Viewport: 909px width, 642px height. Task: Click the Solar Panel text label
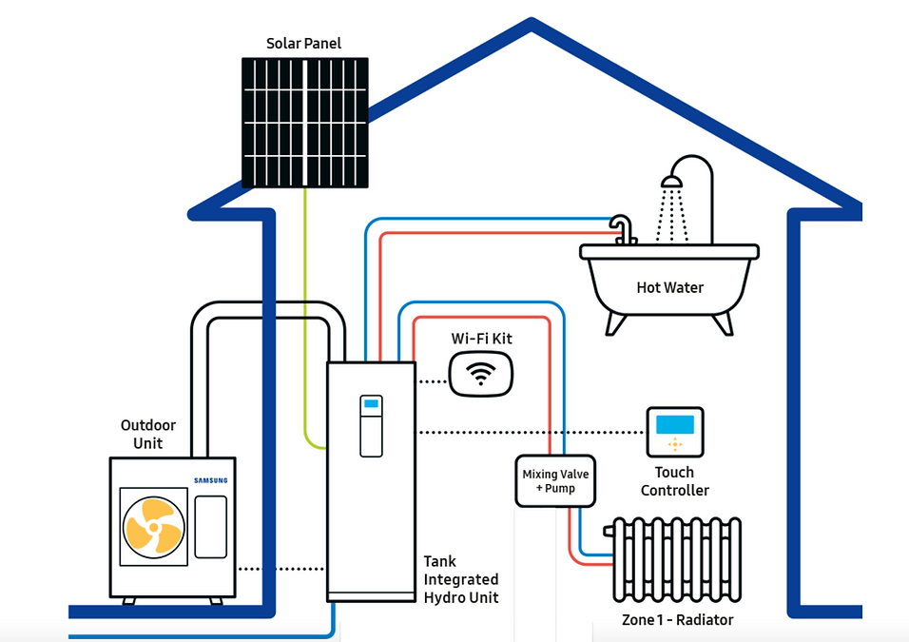[x=303, y=44]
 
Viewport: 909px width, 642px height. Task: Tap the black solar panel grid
[x=304, y=123]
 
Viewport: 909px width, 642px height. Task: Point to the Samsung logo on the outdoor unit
[x=211, y=480]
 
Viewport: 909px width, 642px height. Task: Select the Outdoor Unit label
[x=147, y=435]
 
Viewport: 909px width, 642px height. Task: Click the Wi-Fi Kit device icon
[x=481, y=374]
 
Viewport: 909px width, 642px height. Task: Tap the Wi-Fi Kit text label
[x=481, y=339]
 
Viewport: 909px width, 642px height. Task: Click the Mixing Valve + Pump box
[x=556, y=481]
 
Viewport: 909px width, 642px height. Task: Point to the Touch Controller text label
[x=674, y=481]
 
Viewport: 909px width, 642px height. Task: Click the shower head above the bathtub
[x=672, y=181]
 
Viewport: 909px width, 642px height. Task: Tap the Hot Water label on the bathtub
[x=670, y=287]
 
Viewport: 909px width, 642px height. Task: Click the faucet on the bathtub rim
[x=623, y=228]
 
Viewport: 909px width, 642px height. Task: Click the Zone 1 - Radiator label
[x=677, y=620]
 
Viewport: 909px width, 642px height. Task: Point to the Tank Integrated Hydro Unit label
[x=461, y=579]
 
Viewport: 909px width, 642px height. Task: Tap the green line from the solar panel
[x=304, y=314]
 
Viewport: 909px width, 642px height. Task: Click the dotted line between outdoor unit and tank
[x=280, y=569]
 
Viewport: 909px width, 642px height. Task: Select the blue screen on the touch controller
[x=675, y=422]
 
